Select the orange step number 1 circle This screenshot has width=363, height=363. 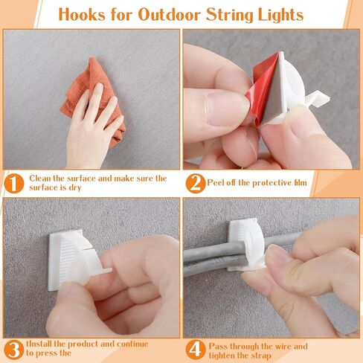pos(14,184)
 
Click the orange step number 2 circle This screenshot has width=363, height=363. pos(196,184)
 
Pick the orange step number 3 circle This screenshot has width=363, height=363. pos(14,350)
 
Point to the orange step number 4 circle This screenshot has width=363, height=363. pos(196,350)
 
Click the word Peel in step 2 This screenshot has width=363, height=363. pos(216,183)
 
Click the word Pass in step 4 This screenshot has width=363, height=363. pos(218,346)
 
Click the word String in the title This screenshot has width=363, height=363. pos(230,16)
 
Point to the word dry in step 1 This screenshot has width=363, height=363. pos(75,187)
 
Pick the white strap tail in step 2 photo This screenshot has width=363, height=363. pos(318,99)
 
